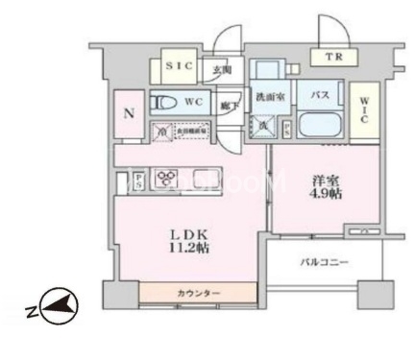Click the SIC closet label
[177, 66]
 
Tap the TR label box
[333, 58]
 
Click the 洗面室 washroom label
[267, 97]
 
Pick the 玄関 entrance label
[220, 70]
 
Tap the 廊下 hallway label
[229, 107]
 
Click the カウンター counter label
[198, 292]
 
